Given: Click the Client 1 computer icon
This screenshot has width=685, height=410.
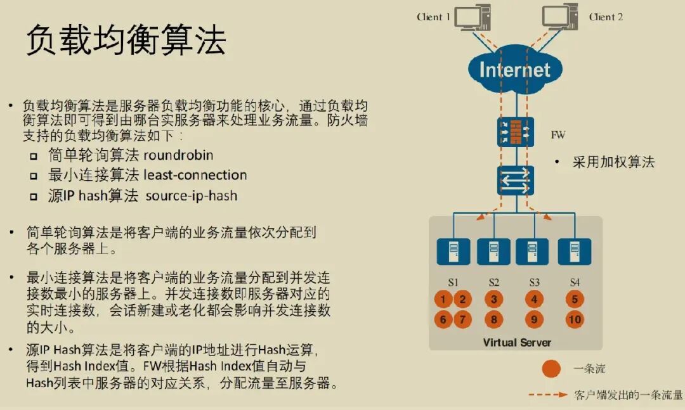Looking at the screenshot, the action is pos(473,17).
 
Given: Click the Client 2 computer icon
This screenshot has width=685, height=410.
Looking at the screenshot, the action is pos(559,17).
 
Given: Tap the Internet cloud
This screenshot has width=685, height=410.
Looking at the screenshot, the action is pos(515,70).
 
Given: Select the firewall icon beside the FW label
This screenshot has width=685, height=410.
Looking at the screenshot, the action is pos(516,132).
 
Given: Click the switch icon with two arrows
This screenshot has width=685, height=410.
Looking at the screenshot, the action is pos(516,181).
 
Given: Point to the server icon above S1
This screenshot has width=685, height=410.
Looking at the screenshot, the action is pos(453,252).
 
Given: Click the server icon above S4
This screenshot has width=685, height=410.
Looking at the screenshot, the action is pos(575,252).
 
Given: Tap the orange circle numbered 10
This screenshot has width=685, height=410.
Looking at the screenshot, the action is pos(575,319).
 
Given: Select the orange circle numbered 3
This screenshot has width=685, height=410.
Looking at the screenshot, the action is pos(493,300).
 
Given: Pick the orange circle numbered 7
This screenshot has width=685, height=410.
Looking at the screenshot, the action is pos(462,319).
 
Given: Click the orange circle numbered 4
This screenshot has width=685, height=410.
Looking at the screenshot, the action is pos(534,300).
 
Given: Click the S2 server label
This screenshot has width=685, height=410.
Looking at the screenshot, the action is pos(493,283).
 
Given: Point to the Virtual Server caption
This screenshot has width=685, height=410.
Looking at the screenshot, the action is pos(517,342).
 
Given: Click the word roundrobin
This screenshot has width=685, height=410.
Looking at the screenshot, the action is pos(178,155).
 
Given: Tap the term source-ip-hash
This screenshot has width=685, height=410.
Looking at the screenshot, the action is pos(192,196).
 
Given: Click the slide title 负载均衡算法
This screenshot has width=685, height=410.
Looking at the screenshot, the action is pos(126,40).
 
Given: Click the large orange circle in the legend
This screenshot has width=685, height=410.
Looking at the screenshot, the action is pos(551,369).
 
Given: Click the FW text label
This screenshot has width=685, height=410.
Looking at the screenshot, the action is pos(558,135).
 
